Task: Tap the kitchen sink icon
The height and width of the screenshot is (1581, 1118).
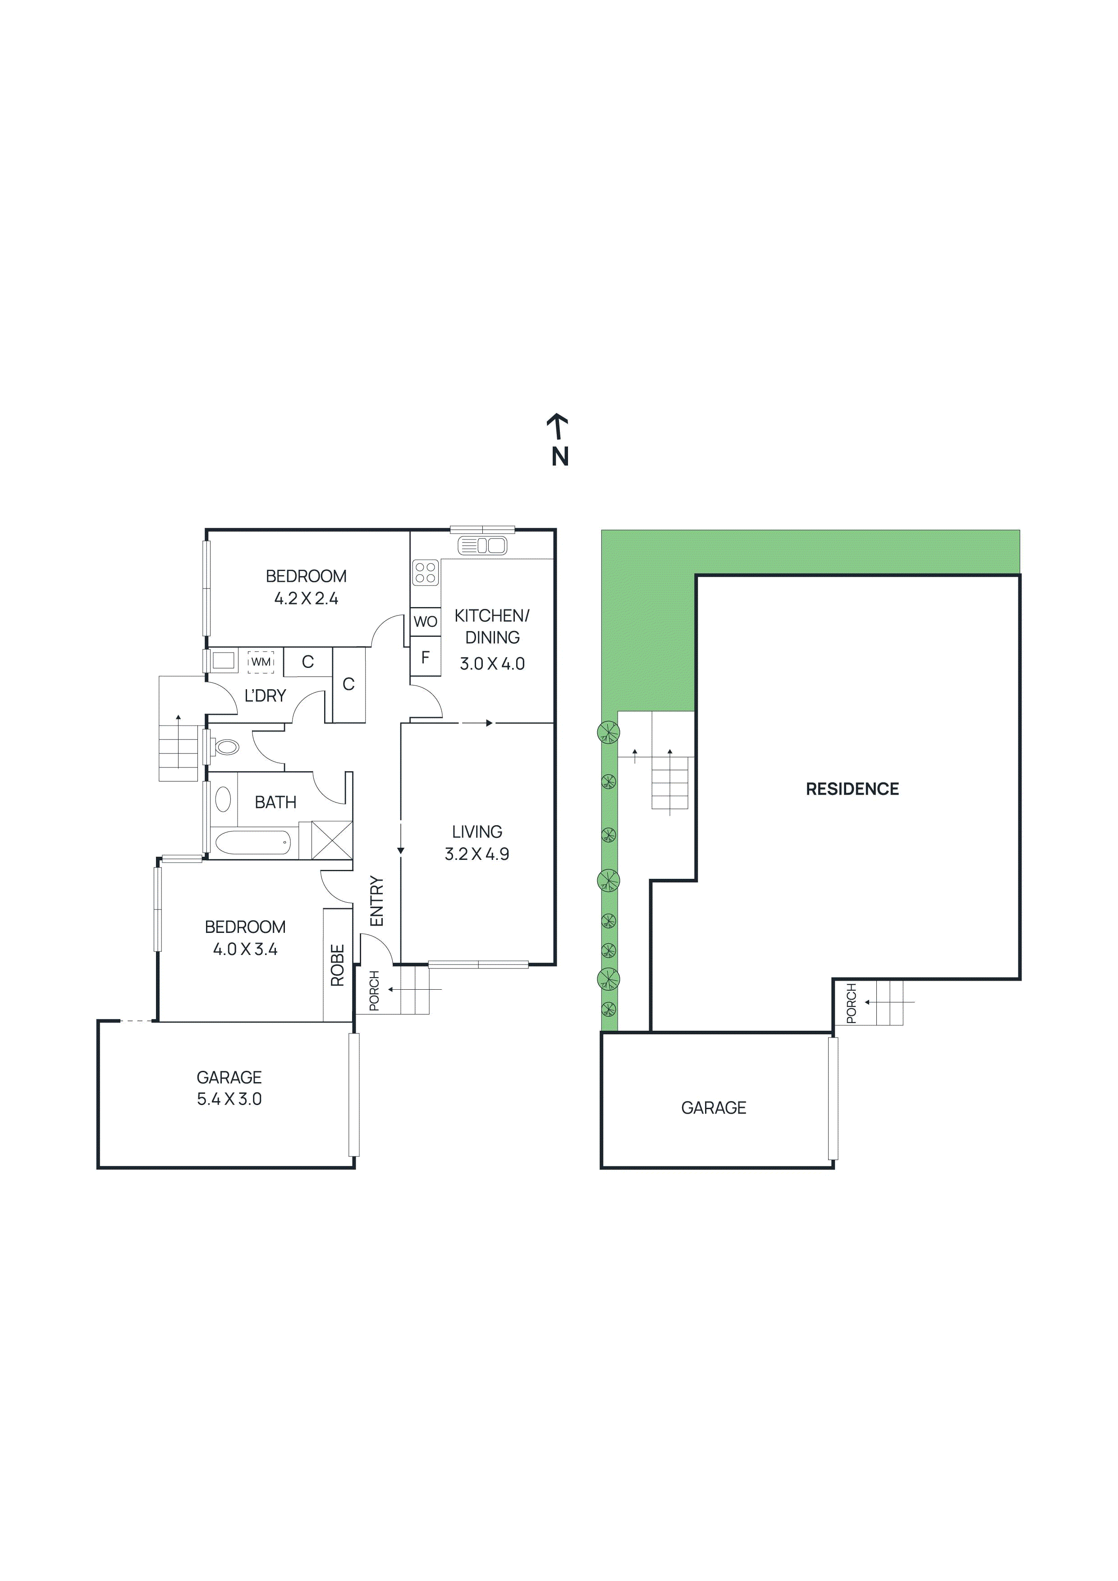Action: tap(482, 545)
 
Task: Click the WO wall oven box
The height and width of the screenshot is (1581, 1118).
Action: tap(425, 621)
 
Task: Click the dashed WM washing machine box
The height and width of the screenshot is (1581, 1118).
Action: tap(261, 662)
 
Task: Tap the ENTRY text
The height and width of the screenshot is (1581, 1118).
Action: tap(376, 900)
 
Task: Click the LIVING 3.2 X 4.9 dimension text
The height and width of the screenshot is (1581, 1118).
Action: tap(477, 854)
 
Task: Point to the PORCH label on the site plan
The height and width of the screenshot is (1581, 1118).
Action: tap(851, 1003)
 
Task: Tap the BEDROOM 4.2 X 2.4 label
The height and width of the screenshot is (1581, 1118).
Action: tap(306, 598)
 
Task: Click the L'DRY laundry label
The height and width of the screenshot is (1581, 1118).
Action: tap(265, 695)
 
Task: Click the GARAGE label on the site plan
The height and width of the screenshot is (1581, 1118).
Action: tap(713, 1108)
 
